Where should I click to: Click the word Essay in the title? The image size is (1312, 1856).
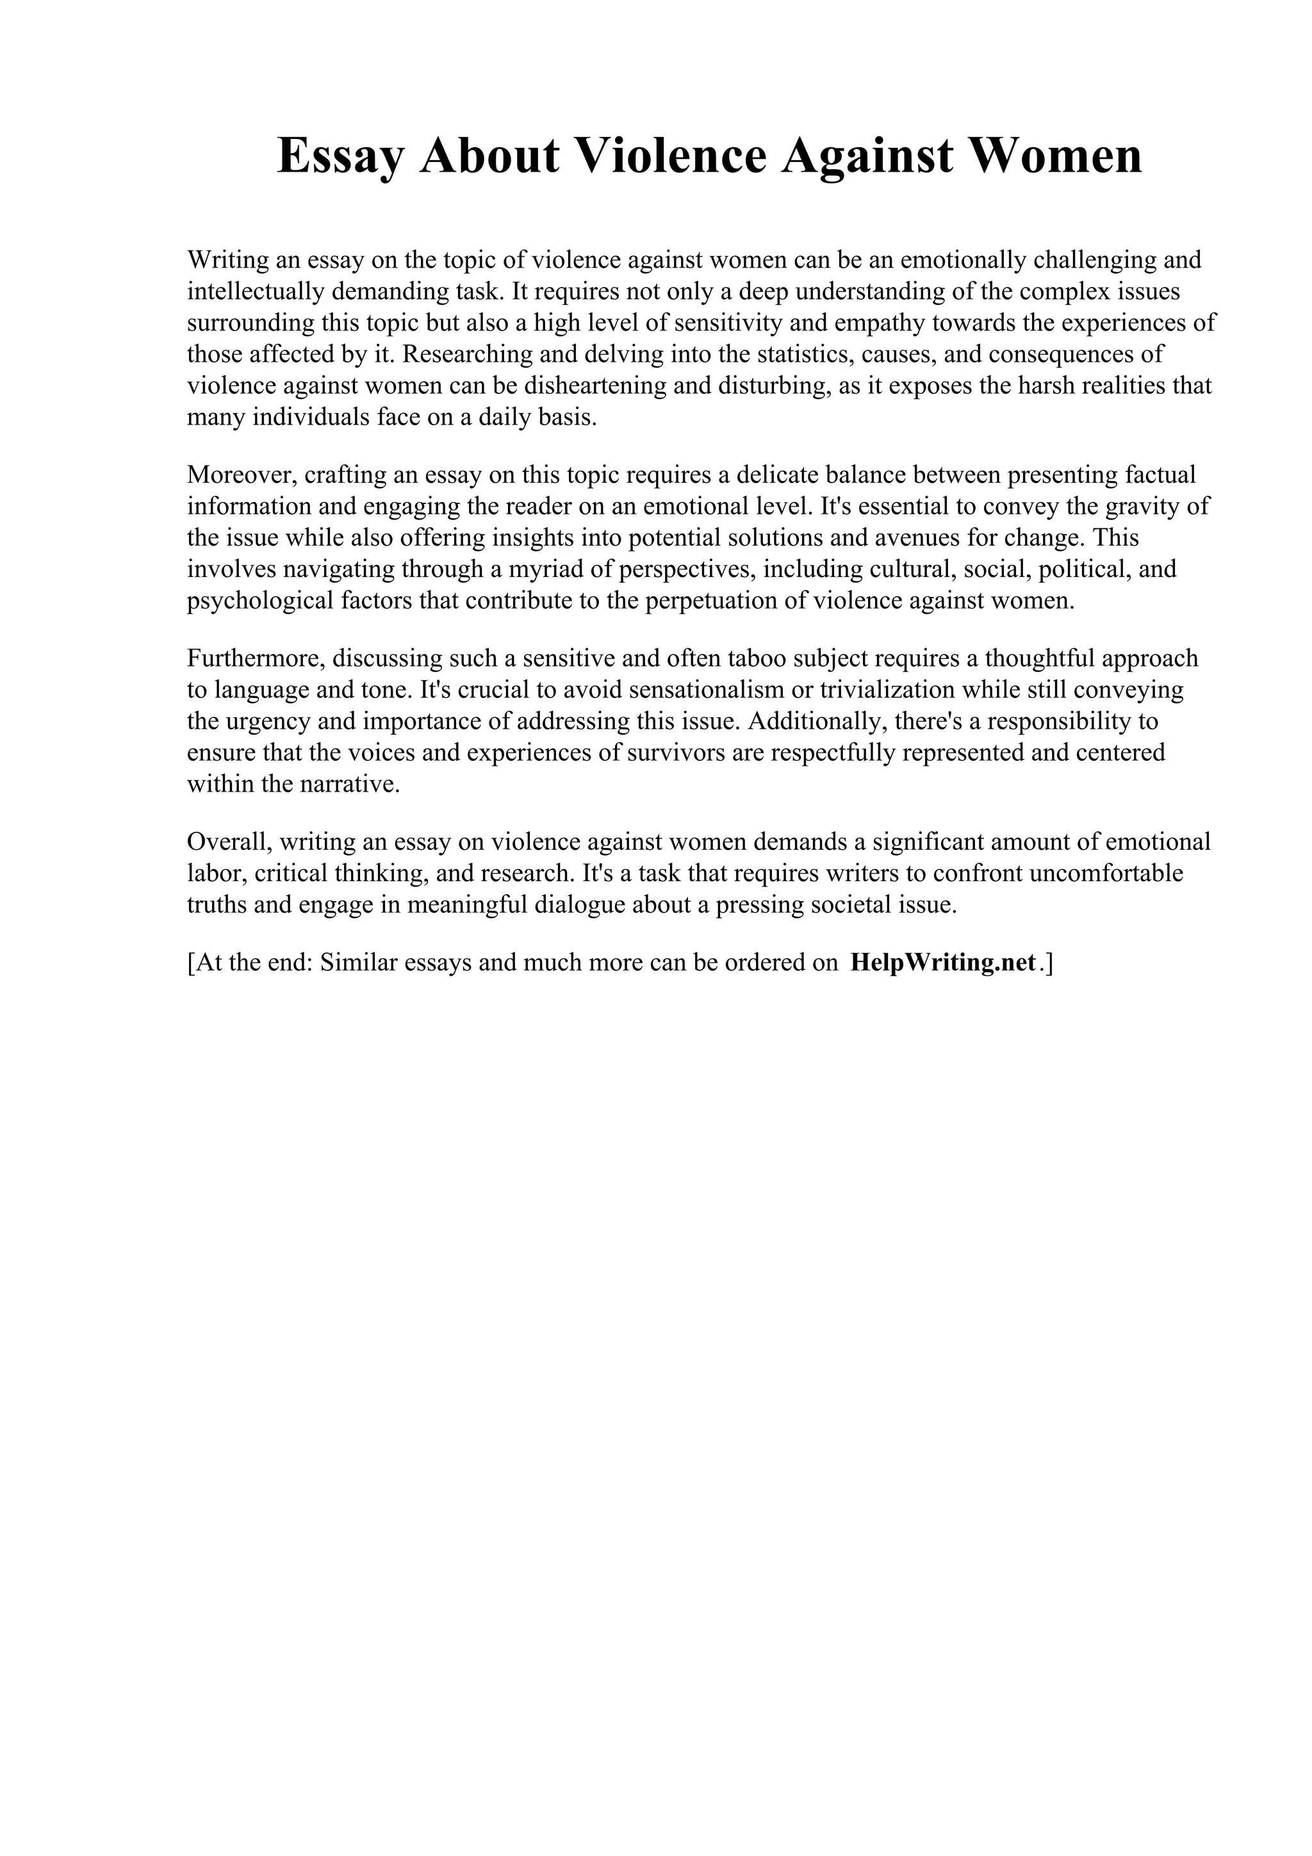(340, 156)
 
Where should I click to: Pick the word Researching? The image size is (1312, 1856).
(466, 354)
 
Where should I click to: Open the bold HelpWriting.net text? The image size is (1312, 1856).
(942, 963)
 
